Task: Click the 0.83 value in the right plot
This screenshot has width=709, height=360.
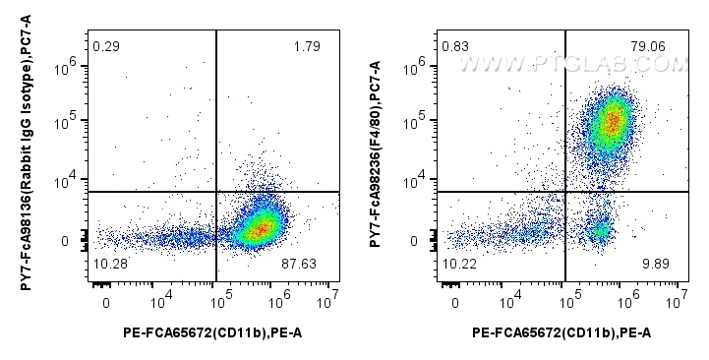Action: point(455,46)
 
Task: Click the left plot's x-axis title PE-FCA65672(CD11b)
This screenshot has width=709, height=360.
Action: point(215,334)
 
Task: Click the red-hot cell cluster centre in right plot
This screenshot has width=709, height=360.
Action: point(612,121)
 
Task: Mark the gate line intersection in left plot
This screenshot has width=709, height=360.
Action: point(215,192)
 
